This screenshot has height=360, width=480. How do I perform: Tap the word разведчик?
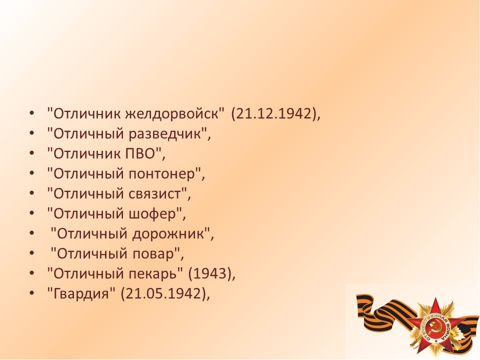pos(165,134)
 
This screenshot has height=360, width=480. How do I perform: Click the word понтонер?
pos(161,174)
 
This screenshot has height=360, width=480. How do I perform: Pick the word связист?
pos(154,194)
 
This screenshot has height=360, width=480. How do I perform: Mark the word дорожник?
pos(168,234)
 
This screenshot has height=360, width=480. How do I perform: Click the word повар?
pos(153,254)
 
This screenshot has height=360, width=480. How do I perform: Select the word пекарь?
pos(153,273)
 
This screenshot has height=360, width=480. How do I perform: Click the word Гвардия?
pos(81,293)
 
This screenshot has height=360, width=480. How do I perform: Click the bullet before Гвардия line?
pos(31,293)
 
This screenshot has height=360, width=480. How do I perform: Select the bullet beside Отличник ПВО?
pos(31,153)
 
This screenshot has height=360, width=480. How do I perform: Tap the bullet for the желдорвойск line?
pos(31,113)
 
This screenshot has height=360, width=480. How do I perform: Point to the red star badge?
pos(434,327)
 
